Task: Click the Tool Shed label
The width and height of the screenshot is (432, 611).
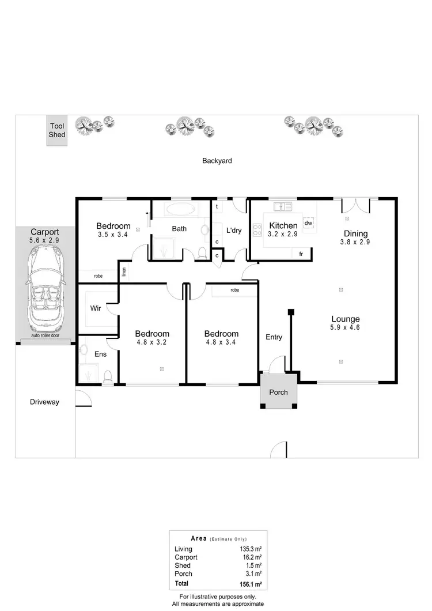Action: tap(57, 130)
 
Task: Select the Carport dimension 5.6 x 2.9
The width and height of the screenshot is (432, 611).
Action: tap(45, 241)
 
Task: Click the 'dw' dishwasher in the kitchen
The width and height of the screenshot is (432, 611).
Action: tap(309, 223)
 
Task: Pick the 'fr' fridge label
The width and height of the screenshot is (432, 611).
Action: tap(301, 253)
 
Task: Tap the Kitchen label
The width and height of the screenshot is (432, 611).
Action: tap(283, 225)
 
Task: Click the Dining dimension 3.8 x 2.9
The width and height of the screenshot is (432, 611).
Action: tap(355, 242)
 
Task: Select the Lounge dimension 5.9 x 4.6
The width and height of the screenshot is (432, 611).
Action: tap(346, 327)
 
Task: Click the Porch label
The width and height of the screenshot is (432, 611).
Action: tap(279, 393)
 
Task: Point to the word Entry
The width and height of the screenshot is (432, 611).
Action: tap(274, 337)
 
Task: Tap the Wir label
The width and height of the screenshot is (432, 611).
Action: tap(96, 308)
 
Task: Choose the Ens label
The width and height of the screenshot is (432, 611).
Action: tap(100, 354)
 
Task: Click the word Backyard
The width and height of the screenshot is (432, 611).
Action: tap(217, 161)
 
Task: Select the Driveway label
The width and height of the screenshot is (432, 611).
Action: tap(44, 402)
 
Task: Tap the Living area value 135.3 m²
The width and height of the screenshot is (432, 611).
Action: tap(251, 549)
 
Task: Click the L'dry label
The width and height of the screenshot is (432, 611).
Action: tap(233, 231)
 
